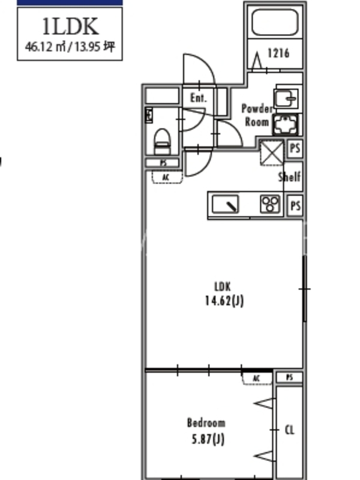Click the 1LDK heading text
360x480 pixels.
pyautogui.click(x=70, y=26)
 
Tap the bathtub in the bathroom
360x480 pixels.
pyautogui.click(x=275, y=22)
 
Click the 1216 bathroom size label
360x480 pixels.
pyautogui.click(x=278, y=53)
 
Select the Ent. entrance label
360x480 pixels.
pyautogui.click(x=199, y=98)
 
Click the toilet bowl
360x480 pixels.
pyautogui.click(x=162, y=142)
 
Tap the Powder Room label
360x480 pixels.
pyautogui.click(x=257, y=115)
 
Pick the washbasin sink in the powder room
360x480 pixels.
pyautogui.click(x=286, y=98)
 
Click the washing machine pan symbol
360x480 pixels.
pyautogui.click(x=286, y=125)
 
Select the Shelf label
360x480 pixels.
pyautogui.click(x=289, y=176)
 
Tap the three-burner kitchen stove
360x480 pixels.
pyautogui.click(x=270, y=204)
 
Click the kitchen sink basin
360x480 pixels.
pyautogui.click(x=226, y=204)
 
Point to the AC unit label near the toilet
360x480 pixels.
pyautogui.click(x=166, y=177)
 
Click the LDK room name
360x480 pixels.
pyautogui.click(x=223, y=287)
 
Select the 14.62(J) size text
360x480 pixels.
pyautogui.click(x=224, y=301)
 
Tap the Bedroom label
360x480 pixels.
pyautogui.click(x=206, y=423)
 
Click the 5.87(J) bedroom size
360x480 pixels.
pyautogui.click(x=208, y=440)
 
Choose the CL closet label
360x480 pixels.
pyautogui.click(x=290, y=430)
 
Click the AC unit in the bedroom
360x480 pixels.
pyautogui.click(x=257, y=379)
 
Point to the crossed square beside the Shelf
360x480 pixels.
pyautogui.click(x=272, y=152)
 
